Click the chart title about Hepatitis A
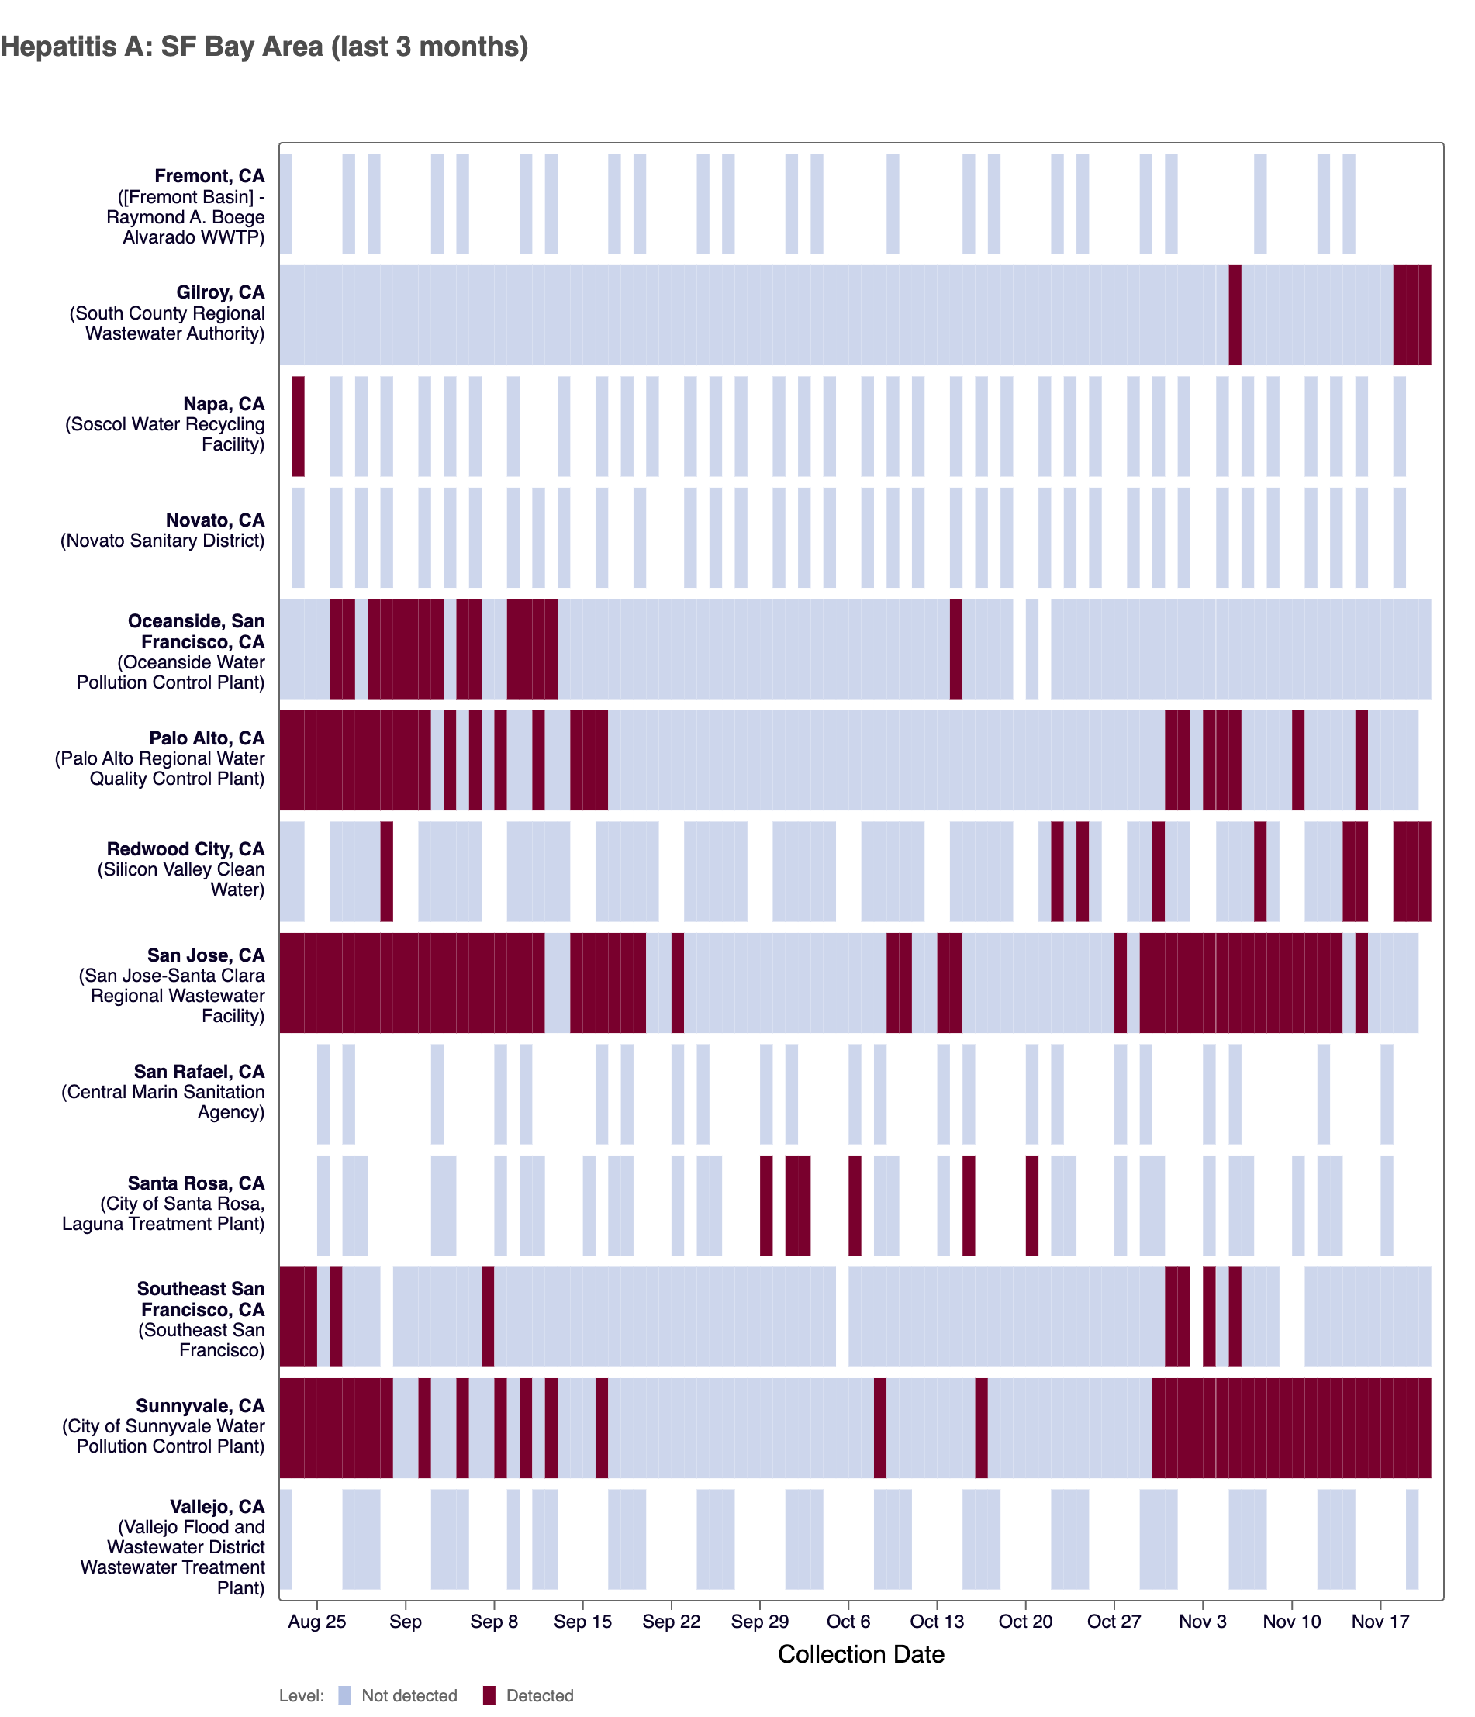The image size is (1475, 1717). tap(264, 47)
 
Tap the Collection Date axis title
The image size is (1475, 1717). tap(860, 1654)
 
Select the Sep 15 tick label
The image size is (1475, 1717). tap(582, 1621)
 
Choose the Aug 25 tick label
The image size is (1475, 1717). tap(316, 1621)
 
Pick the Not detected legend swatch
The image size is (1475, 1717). tap(345, 1695)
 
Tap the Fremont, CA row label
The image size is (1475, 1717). tap(209, 177)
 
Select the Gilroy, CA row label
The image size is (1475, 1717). tap(219, 292)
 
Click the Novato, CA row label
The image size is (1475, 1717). tap(215, 520)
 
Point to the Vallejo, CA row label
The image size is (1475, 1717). tap(217, 1507)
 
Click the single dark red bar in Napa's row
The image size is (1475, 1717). tap(298, 426)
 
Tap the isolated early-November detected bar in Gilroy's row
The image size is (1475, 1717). tap(1234, 315)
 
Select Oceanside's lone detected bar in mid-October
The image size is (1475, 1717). tap(955, 648)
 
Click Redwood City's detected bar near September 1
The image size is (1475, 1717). tap(386, 871)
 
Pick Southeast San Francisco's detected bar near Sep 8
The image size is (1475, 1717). tap(487, 1317)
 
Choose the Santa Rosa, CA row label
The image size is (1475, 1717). tap(195, 1183)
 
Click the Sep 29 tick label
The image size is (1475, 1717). tap(759, 1621)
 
